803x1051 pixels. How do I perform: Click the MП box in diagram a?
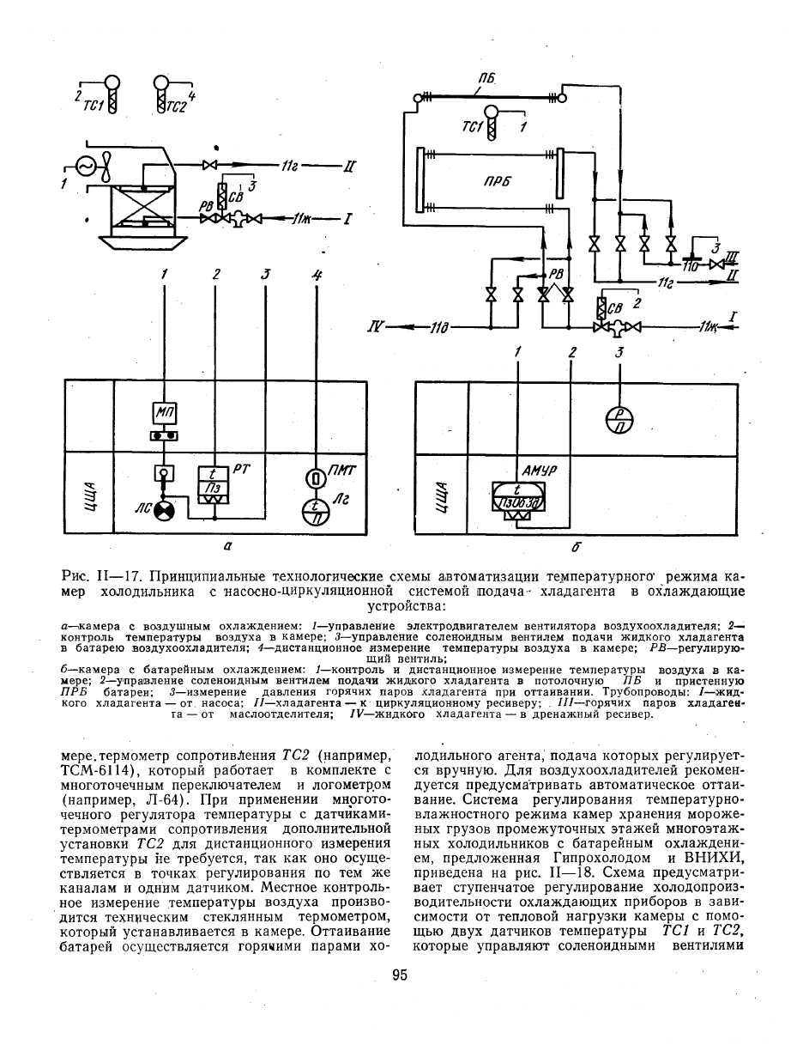(165, 413)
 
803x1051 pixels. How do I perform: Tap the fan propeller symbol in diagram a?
(106, 167)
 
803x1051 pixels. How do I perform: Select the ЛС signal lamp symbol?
(165, 512)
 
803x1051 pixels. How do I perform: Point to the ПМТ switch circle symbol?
(315, 478)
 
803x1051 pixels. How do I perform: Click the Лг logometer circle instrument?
(316, 511)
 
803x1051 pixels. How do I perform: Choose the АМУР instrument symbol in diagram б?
(517, 503)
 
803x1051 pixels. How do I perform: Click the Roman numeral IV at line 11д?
(376, 328)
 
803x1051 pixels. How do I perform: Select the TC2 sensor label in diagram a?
(176, 106)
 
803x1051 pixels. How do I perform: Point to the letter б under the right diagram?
(577, 546)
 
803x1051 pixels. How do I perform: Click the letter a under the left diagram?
(228, 545)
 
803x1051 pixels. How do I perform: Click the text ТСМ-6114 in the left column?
(94, 771)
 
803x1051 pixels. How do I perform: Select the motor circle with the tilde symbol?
(85, 167)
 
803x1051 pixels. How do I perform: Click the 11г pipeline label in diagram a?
(289, 167)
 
